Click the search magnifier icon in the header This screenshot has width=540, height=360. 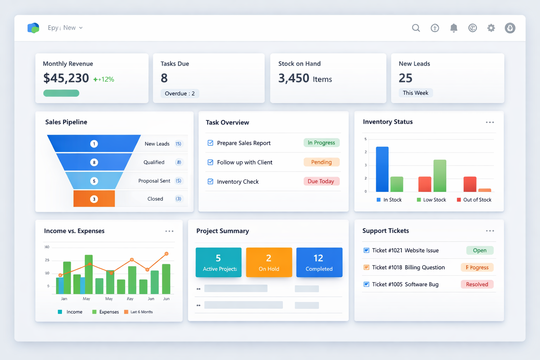pyautogui.click(x=416, y=28)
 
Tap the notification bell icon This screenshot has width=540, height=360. pyautogui.click(x=454, y=28)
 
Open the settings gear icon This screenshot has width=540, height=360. pyautogui.click(x=491, y=28)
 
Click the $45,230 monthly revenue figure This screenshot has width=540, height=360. pyautogui.click(x=66, y=78)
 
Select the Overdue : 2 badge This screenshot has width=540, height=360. pyautogui.click(x=180, y=94)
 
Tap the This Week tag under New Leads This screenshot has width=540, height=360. pyautogui.click(x=416, y=93)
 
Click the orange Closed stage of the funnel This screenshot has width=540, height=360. pyautogui.click(x=94, y=199)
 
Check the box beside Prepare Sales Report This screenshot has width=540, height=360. pyautogui.click(x=210, y=143)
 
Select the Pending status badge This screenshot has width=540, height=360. pyautogui.click(x=321, y=162)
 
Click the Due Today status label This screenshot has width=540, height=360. pyautogui.click(x=321, y=181)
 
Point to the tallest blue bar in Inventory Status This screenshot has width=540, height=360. pyautogui.click(x=382, y=169)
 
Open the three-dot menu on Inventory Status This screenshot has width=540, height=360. pyautogui.click(x=490, y=122)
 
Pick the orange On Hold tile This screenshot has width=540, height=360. pyautogui.click(x=269, y=262)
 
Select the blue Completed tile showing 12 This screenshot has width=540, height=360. pyautogui.click(x=319, y=262)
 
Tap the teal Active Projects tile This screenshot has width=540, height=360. pyautogui.click(x=218, y=262)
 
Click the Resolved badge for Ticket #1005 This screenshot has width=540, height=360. pyautogui.click(x=477, y=284)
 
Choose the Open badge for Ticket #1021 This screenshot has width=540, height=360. pyautogui.click(x=480, y=250)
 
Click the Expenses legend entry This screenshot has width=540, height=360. pyautogui.click(x=105, y=312)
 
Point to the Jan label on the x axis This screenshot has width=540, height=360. pyautogui.click(x=64, y=299)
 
